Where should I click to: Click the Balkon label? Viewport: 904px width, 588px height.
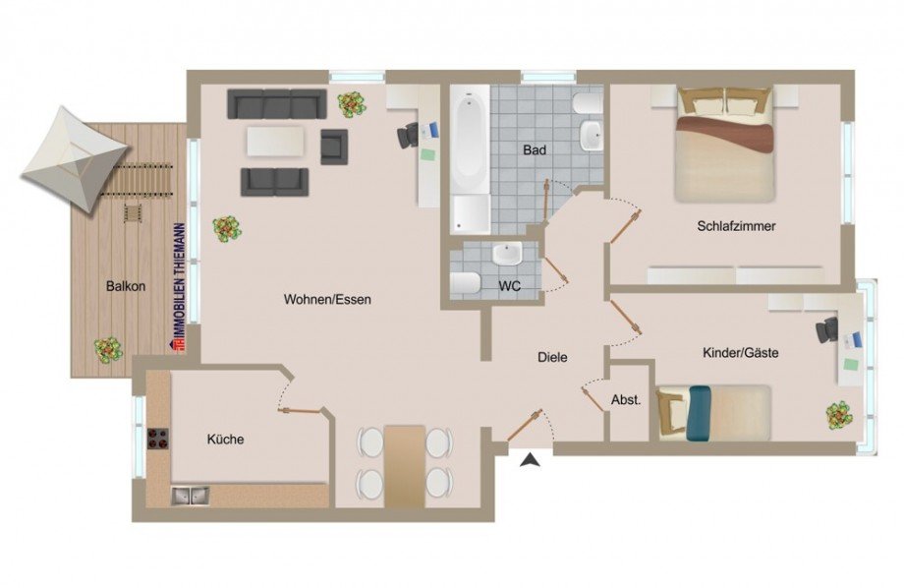[126, 287]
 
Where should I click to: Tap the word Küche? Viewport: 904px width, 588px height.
[225, 440]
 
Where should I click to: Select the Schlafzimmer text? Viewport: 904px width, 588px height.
[736, 226]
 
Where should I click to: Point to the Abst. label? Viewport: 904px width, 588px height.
[626, 400]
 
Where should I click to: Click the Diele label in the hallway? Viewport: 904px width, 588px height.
[552, 358]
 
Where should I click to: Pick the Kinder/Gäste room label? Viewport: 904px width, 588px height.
[740, 352]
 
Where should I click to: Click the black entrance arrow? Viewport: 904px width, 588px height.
[531, 459]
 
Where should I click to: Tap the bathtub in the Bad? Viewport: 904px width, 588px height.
[470, 143]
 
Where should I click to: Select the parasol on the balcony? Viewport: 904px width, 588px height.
[75, 158]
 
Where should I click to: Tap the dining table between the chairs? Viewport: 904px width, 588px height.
[404, 464]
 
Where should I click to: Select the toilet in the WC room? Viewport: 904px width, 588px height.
[464, 284]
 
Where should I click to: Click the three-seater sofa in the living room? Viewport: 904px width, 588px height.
[276, 103]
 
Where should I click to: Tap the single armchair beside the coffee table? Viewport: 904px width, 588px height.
[334, 147]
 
